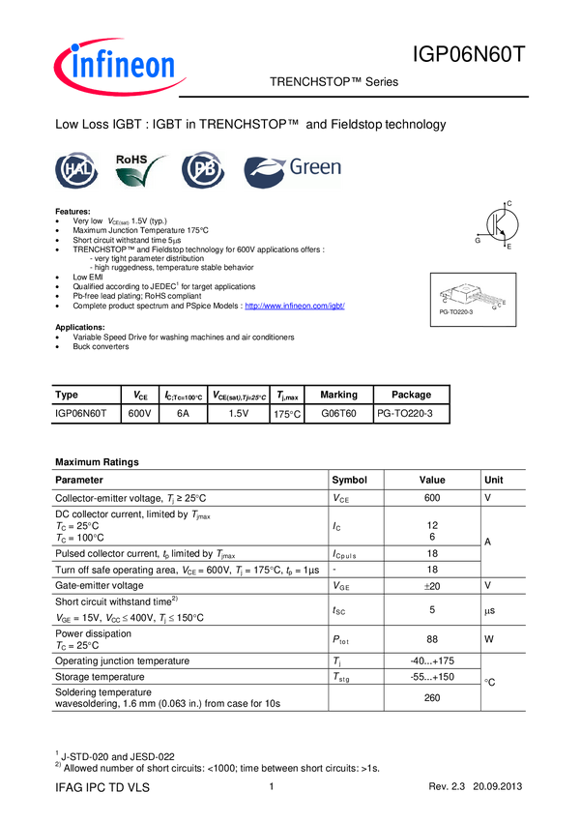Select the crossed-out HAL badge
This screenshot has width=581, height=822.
pos(76,171)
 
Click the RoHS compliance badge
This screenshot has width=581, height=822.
pos(142,171)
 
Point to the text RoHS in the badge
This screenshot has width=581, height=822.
pos(133,158)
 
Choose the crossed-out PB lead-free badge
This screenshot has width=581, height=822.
pos(203,171)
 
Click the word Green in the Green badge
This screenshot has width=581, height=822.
pos(316,168)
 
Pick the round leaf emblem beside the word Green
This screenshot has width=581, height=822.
pos(263,172)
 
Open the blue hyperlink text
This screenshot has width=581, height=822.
pos(295,306)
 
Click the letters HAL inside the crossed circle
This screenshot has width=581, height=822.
pos(76,172)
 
